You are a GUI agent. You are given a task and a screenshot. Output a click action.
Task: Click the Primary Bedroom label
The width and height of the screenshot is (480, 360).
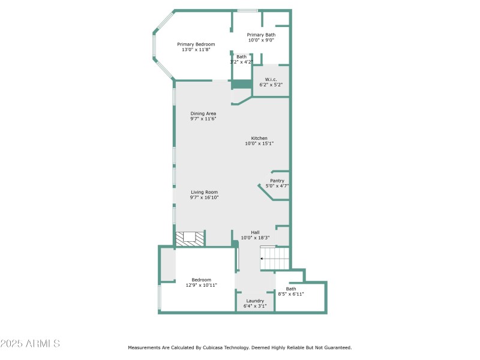pyautogui.click(x=196, y=44)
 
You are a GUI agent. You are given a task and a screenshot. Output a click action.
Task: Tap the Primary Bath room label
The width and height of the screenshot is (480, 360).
pyautogui.click(x=262, y=35)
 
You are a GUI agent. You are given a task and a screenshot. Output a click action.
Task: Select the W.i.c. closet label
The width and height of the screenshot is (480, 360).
pyautogui.click(x=271, y=80)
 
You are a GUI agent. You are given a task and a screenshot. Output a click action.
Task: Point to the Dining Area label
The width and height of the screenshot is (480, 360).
pyautogui.click(x=203, y=113)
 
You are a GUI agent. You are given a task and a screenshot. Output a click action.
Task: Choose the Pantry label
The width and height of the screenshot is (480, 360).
pyautogui.click(x=277, y=181)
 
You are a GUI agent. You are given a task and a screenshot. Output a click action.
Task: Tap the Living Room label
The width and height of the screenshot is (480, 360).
pyautogui.click(x=204, y=192)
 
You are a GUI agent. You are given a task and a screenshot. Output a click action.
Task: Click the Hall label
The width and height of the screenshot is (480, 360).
pyautogui.click(x=255, y=232)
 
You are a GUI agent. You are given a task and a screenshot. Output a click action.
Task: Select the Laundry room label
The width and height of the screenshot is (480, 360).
pyautogui.click(x=255, y=301)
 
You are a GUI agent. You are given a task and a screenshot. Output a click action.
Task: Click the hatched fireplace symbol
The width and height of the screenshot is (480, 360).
pyautogui.click(x=190, y=238)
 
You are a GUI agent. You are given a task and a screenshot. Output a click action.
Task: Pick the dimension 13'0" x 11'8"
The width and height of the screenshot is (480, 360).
pyautogui.click(x=196, y=50)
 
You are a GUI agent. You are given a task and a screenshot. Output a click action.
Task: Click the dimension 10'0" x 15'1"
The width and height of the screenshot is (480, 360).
pyautogui.click(x=259, y=143)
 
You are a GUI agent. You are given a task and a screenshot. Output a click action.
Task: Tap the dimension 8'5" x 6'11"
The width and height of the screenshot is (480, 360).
pyautogui.click(x=291, y=294)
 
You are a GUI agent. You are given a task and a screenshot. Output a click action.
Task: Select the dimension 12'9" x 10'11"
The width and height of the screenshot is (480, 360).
pyautogui.click(x=202, y=285)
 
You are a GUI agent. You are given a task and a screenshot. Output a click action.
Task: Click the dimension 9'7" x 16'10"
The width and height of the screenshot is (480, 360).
pyautogui.click(x=204, y=197)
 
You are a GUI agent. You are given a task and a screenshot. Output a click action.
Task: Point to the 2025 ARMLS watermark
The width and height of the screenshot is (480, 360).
pyautogui.click(x=30, y=344)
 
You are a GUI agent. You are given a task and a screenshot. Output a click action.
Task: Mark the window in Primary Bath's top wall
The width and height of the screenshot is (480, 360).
pyautogui.click(x=247, y=10)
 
